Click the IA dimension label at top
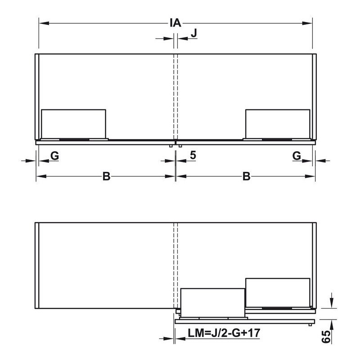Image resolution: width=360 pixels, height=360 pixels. coord(175,23)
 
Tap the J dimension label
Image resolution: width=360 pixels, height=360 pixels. coord(194,33)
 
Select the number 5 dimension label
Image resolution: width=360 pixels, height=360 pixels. coord(193,155)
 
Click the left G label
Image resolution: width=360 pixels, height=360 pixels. coord(54,156)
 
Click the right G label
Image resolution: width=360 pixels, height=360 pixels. coord(297,156)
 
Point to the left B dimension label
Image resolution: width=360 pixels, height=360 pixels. coord(106,176)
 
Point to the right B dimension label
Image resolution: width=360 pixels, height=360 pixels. coord(246,176)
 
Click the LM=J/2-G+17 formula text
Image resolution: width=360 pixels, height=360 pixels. coord(224,333)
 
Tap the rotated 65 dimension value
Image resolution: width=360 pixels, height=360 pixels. coord(326,337)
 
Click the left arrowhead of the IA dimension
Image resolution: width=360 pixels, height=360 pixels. coord(44,23)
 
